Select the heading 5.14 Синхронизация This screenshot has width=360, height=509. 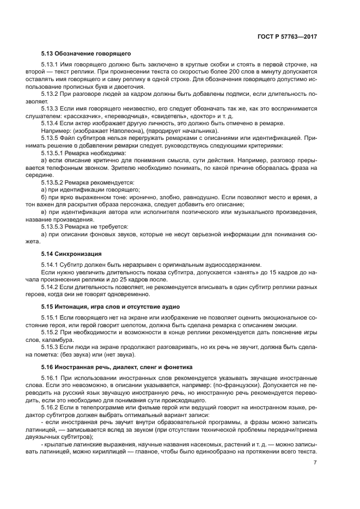click(x=72, y=254)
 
